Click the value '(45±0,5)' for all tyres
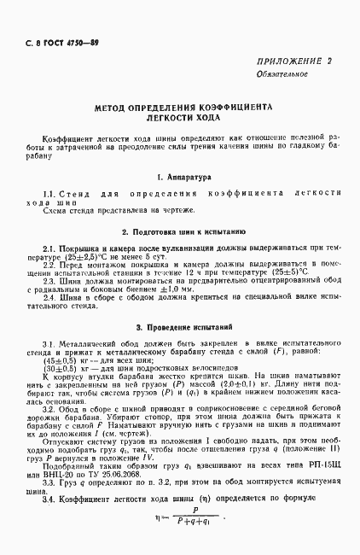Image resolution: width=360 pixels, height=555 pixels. tap(57, 360)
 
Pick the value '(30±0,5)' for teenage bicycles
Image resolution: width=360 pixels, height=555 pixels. tap(57, 369)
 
